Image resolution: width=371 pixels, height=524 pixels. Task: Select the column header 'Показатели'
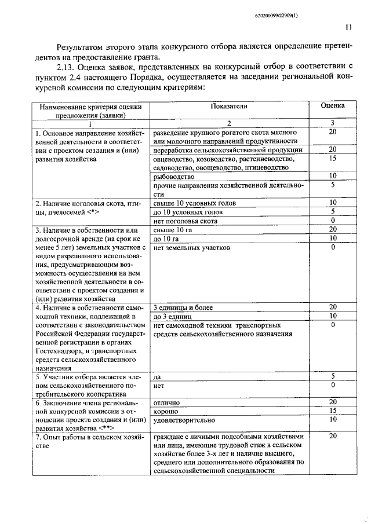coord(228,106)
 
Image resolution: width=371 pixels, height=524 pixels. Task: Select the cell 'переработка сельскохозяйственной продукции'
coord(223,149)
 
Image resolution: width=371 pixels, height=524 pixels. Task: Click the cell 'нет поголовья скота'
coord(185,221)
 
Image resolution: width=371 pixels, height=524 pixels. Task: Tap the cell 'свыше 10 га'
coord(172,229)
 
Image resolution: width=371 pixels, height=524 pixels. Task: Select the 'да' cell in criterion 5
coord(157,376)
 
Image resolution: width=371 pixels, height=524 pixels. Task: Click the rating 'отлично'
coord(166,402)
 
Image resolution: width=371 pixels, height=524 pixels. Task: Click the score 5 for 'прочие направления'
coord(333,185)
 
